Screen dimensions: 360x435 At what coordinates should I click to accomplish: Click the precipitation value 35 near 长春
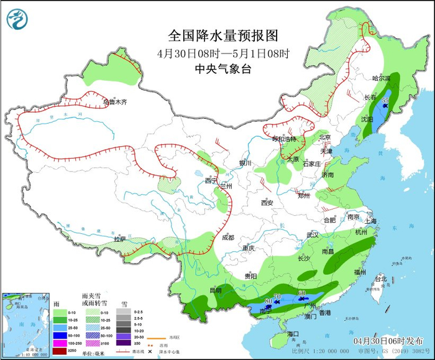pyautogui.click(x=385, y=100)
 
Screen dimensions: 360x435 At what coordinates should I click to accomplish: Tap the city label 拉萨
pyautogui.click(x=119, y=239)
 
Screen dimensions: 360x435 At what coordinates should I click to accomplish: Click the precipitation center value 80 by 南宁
pyautogui.click(x=268, y=302)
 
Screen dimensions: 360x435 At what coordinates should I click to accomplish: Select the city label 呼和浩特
pyautogui.click(x=285, y=139)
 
